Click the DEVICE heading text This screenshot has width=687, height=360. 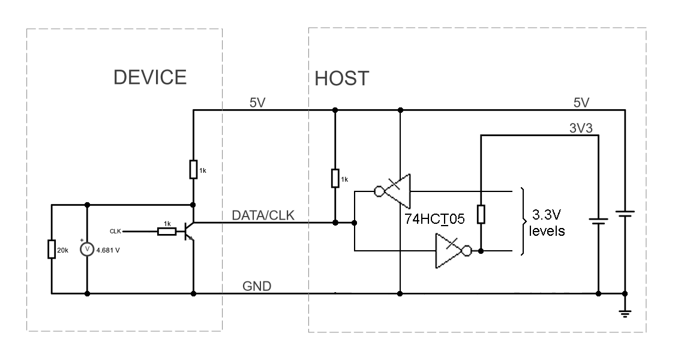tap(151, 77)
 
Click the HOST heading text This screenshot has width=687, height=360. tap(341, 79)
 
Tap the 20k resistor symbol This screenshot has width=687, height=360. tap(52, 249)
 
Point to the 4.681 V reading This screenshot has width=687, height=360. tap(109, 250)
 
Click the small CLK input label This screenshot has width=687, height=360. tap(116, 230)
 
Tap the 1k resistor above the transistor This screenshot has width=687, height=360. tap(193, 170)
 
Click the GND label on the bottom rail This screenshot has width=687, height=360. tap(257, 286)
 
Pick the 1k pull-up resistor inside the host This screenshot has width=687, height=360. tap(334, 178)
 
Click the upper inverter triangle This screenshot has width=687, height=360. tap(398, 191)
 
